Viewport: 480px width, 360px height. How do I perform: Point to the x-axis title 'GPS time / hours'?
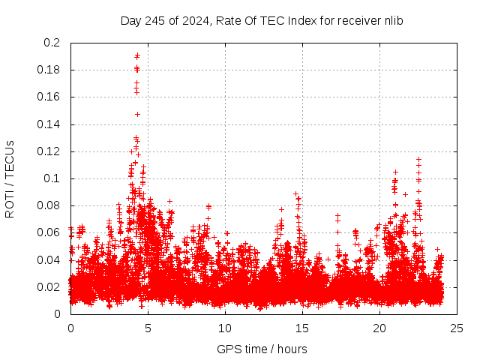click(262, 349)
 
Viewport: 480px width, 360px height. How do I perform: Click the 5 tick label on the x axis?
click(148, 328)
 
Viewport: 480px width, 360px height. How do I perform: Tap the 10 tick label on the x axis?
click(225, 328)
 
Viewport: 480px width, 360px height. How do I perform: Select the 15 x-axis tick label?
click(302, 328)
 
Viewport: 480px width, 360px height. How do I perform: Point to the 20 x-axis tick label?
click(379, 328)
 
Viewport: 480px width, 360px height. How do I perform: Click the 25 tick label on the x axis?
click(457, 328)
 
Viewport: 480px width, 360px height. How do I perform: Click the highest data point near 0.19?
click(137, 55)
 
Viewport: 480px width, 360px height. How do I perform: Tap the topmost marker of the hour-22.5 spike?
click(418, 159)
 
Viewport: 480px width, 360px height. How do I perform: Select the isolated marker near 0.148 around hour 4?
click(137, 114)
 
